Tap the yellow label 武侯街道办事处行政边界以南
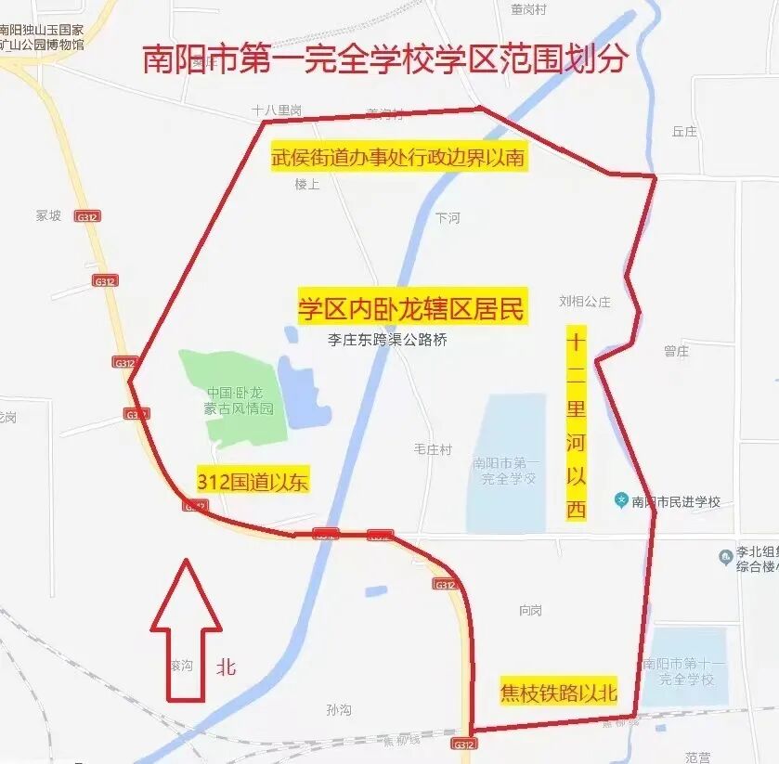pos(397,158)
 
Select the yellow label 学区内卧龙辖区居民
pos(411,308)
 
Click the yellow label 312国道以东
pos(253,482)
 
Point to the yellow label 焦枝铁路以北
pos(558,693)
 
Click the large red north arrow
pos(186,629)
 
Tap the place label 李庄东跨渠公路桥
pos(387,340)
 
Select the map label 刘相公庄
pos(585,301)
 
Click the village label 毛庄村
pos(433,449)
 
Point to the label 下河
pos(448,218)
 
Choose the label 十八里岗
pos(277,110)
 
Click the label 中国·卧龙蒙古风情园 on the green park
pos(240,400)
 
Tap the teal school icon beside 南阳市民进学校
pos(621,500)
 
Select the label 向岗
pos(531,610)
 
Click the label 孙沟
pos(339,710)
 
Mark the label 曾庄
pos(676,351)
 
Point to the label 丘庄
pos(684,132)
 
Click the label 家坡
pos(48,215)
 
